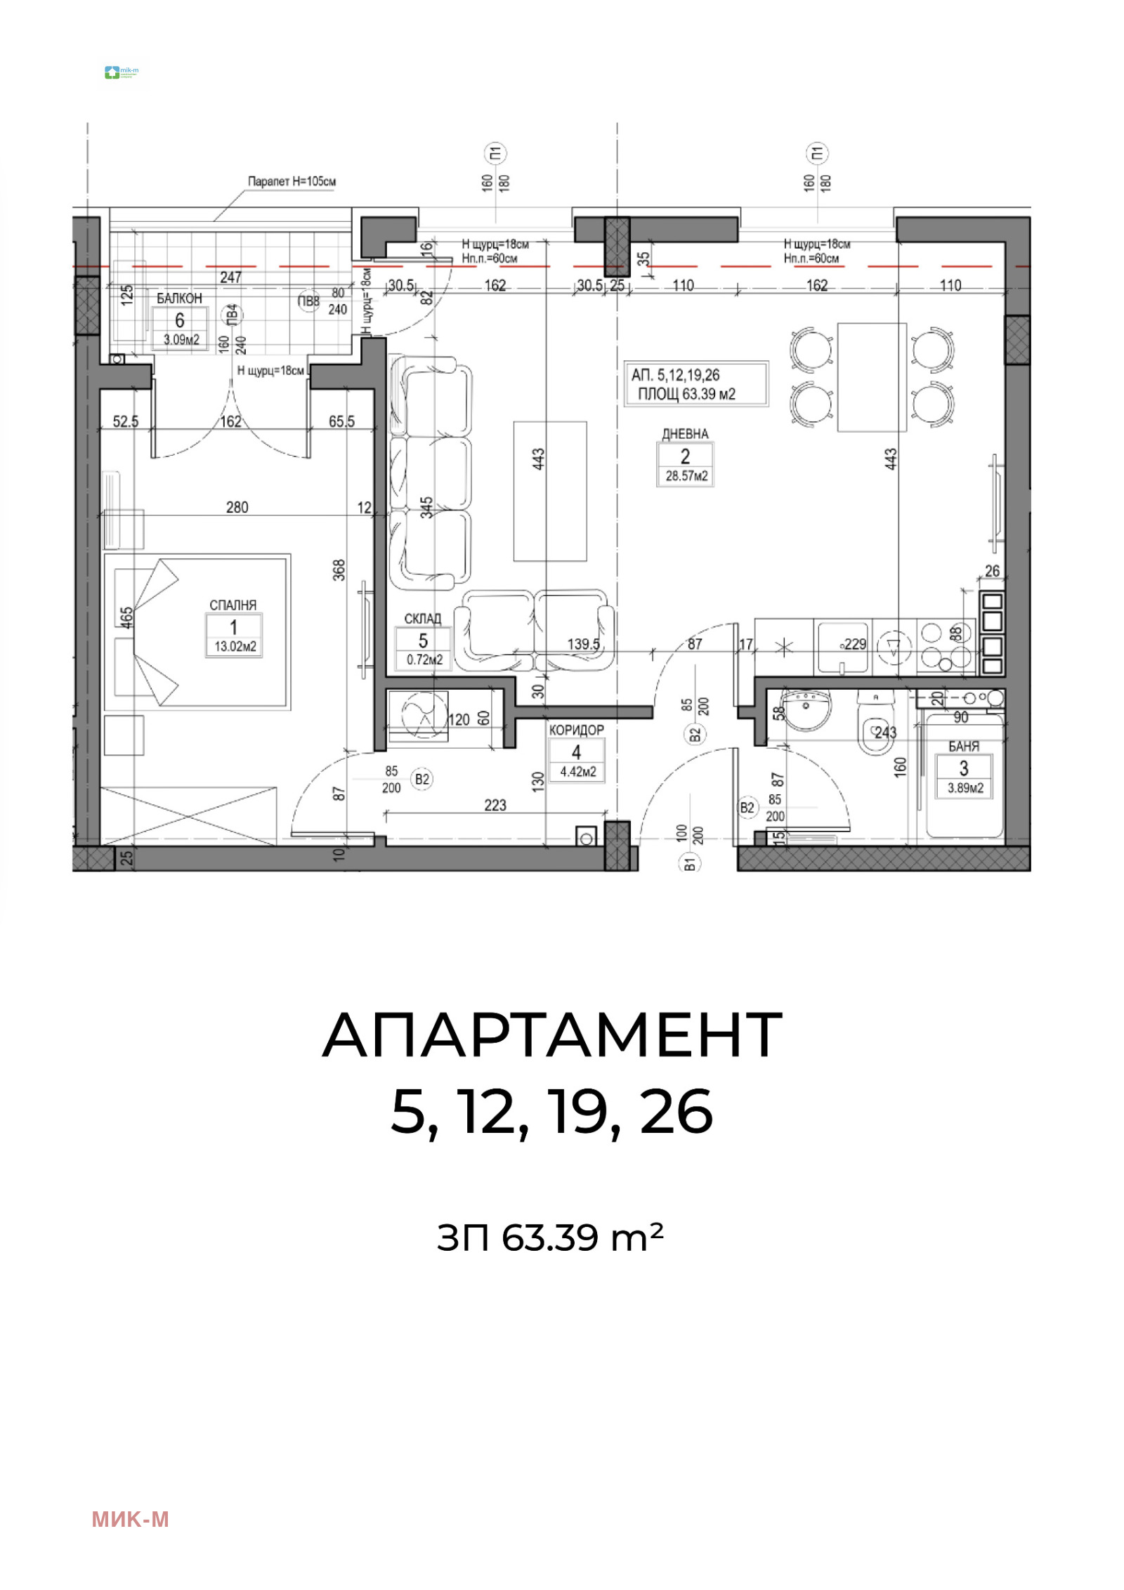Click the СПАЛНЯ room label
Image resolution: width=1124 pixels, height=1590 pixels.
pos(233,605)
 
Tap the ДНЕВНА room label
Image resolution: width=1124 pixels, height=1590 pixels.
pos(684,434)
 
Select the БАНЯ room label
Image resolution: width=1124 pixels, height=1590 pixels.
pos(963,747)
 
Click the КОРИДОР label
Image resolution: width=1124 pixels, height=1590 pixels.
pos(576,730)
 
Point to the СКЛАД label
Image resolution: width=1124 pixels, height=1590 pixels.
pos(422,619)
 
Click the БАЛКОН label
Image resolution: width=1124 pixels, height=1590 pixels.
pos(179,298)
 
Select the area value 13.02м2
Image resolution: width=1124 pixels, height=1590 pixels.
pos(233,646)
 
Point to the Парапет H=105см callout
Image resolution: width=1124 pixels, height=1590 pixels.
pos(292,181)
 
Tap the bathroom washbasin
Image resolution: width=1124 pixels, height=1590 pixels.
pos(807,709)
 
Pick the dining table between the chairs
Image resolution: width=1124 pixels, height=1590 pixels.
pos(871,377)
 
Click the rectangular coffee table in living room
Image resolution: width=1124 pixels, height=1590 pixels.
pos(549,491)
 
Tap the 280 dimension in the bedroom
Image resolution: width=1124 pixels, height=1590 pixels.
pos(237,507)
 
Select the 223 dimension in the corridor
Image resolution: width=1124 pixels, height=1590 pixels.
pos(495,805)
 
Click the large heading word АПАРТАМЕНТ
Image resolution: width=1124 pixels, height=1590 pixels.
pos(551,1035)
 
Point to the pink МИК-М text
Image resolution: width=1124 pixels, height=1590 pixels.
pos(130,1520)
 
